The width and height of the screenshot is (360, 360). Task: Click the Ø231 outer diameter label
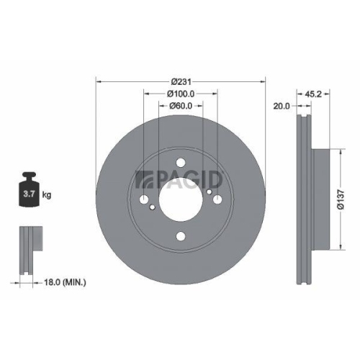[x=180, y=80]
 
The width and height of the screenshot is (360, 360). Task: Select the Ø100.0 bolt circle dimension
[x=180, y=93]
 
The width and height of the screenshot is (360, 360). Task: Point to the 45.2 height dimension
[x=311, y=93]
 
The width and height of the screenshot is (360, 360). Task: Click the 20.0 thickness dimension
[x=282, y=106]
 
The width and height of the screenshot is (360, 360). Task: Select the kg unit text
[x=47, y=195]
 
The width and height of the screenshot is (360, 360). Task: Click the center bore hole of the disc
[x=180, y=199]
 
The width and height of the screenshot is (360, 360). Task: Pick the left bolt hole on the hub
[x=145, y=199]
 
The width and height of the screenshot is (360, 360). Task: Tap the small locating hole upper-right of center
[x=209, y=192]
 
